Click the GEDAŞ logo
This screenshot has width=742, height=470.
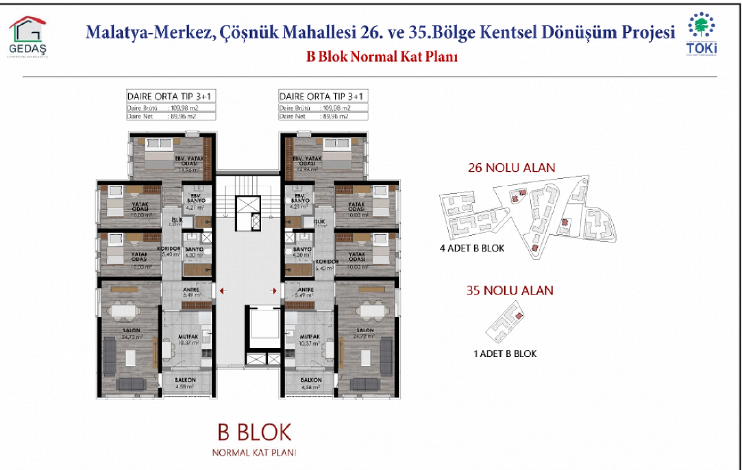pos(27,37)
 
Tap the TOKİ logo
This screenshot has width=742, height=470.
pos(701,34)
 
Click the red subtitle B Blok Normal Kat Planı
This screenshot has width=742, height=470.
pos(382,56)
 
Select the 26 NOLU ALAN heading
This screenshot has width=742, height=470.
pos(511,168)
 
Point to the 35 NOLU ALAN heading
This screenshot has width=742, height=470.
pos(510,290)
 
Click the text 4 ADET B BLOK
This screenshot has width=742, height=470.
pos(472,248)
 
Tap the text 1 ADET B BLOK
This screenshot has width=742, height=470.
pos(505,353)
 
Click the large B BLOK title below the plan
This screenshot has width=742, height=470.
pos(255,432)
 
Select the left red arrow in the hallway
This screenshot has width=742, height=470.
pos(223,291)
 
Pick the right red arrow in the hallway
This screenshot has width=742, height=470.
pos(274,291)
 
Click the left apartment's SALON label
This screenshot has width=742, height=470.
pos(131,331)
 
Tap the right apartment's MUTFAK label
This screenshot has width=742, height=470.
pos(310,337)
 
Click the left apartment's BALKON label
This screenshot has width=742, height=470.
pos(185,380)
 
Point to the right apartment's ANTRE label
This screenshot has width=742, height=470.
pos(305,290)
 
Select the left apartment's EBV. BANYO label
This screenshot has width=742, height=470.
pos(196,198)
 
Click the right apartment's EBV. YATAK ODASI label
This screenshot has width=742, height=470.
pos(307,161)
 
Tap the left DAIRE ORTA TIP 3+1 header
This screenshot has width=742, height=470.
pos(169,96)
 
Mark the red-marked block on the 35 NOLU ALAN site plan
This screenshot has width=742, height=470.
pos(519,316)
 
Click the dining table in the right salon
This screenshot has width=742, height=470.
pos(373,311)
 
